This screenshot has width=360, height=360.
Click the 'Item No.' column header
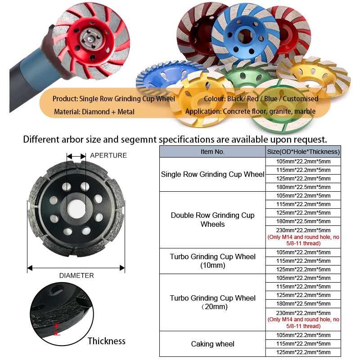coord(212,152)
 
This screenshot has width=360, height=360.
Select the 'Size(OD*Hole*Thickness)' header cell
coord(303,152)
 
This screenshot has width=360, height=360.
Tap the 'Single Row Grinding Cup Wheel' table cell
coord(212,174)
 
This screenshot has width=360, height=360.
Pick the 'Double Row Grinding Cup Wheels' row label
coord(212,220)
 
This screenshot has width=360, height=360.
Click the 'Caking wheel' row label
coord(212,344)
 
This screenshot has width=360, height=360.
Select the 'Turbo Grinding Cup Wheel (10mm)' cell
coord(212,261)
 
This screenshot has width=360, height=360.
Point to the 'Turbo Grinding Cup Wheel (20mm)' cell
coord(212,302)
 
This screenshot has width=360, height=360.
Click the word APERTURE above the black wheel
coord(108,155)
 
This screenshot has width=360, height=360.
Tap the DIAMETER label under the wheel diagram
coord(76,275)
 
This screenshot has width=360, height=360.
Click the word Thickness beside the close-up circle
coord(107,341)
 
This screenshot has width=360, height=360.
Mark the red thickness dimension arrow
coord(57,329)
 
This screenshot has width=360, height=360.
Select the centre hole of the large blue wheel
coord(245,36)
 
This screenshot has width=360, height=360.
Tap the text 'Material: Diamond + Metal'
coord(94,112)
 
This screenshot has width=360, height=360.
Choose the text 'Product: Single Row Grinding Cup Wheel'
coord(114,99)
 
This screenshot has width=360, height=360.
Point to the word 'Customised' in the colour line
coord(300,99)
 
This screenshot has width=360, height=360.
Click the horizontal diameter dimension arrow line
coord(76,268)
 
